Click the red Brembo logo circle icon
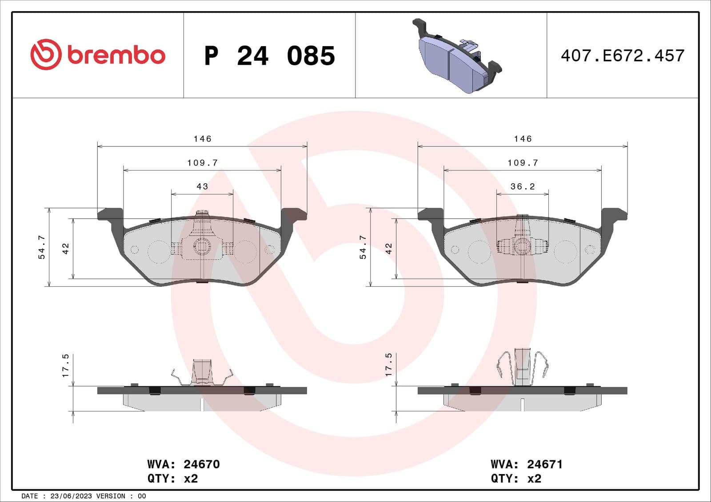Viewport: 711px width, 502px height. coord(45,54)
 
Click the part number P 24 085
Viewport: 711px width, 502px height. coord(269,56)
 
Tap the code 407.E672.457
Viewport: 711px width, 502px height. coord(622,56)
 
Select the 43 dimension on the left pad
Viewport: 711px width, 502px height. coord(202,186)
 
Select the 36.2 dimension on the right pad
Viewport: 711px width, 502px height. coord(523,186)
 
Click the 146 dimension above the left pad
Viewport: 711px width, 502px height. coord(202,139)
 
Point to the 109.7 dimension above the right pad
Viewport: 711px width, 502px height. coord(523,163)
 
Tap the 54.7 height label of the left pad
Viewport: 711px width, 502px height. coord(42,247)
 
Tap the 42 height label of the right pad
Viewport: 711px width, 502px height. coord(389,249)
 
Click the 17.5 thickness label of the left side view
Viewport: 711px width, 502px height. coord(66,366)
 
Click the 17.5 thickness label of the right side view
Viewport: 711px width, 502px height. coord(389,365)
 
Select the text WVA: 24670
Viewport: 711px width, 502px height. coord(183,464)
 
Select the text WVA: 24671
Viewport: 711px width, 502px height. coord(526,464)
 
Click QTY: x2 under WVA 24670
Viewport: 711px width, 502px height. coord(172,479)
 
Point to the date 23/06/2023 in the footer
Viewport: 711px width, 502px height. coord(71,496)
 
